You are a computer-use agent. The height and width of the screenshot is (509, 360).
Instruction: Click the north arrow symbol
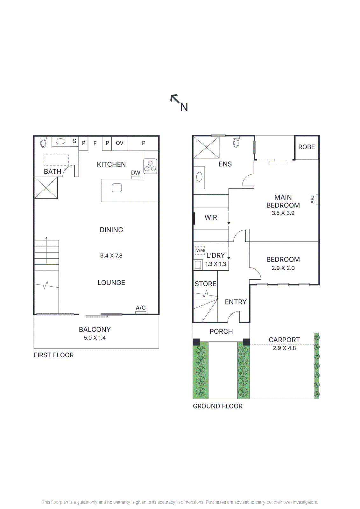[x=175, y=99]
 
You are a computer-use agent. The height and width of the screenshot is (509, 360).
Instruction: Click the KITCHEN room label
[x=111, y=164]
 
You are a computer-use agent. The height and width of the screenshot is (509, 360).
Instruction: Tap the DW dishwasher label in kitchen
[x=136, y=173]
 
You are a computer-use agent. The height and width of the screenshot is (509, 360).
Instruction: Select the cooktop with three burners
[x=150, y=166]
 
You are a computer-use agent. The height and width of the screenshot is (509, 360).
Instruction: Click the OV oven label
[x=119, y=143]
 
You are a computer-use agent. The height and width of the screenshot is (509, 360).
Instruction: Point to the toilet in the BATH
[x=43, y=143]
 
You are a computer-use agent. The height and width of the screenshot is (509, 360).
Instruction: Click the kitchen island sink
[x=117, y=188]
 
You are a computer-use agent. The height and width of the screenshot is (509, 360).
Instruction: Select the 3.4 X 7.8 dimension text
[x=111, y=255]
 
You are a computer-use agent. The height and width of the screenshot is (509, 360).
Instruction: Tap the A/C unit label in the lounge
[x=141, y=308]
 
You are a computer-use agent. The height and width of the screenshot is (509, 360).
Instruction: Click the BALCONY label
[x=95, y=330]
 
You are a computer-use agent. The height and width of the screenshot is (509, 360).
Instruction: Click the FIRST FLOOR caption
[x=54, y=355]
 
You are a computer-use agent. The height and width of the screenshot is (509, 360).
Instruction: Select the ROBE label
[x=306, y=147]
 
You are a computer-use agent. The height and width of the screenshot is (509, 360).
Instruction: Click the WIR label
[x=211, y=217]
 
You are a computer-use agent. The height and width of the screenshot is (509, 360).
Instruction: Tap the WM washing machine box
[x=200, y=250]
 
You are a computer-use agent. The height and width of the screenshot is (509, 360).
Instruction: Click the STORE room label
[x=205, y=284]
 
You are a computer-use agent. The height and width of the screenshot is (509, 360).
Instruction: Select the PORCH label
[x=221, y=331]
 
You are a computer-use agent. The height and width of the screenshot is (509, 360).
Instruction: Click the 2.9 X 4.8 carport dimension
[x=284, y=348]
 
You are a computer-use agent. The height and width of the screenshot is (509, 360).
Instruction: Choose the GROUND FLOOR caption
[x=218, y=406]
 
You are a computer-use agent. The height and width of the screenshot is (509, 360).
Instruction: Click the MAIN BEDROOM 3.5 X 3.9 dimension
[x=283, y=213]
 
